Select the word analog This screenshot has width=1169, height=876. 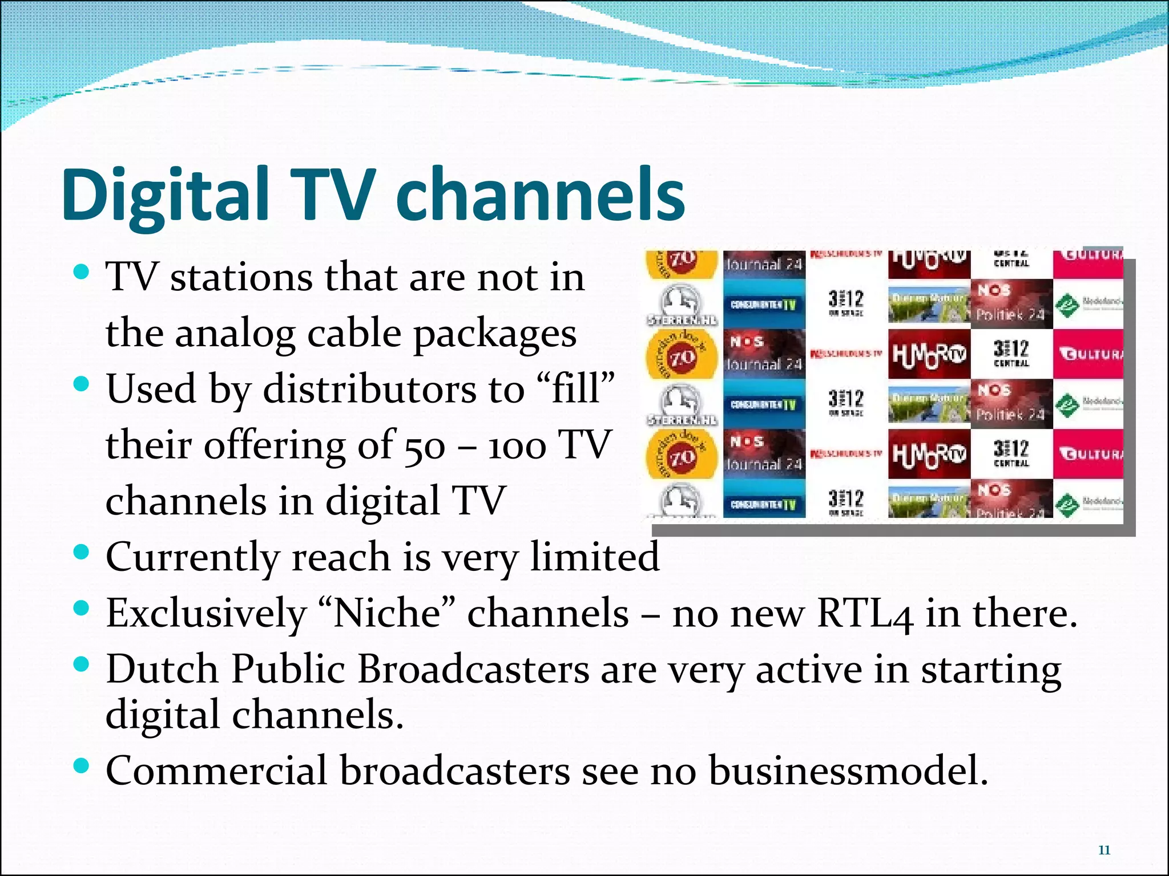coord(235,334)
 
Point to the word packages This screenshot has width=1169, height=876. coord(495,334)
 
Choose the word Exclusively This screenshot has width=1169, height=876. coord(206,614)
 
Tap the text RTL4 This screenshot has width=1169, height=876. coord(864,614)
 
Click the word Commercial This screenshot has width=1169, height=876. coord(217,770)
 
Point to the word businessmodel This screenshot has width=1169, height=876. coord(848,770)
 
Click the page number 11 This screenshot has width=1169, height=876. coord(1104,850)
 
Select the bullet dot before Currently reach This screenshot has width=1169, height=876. coord(82,553)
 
